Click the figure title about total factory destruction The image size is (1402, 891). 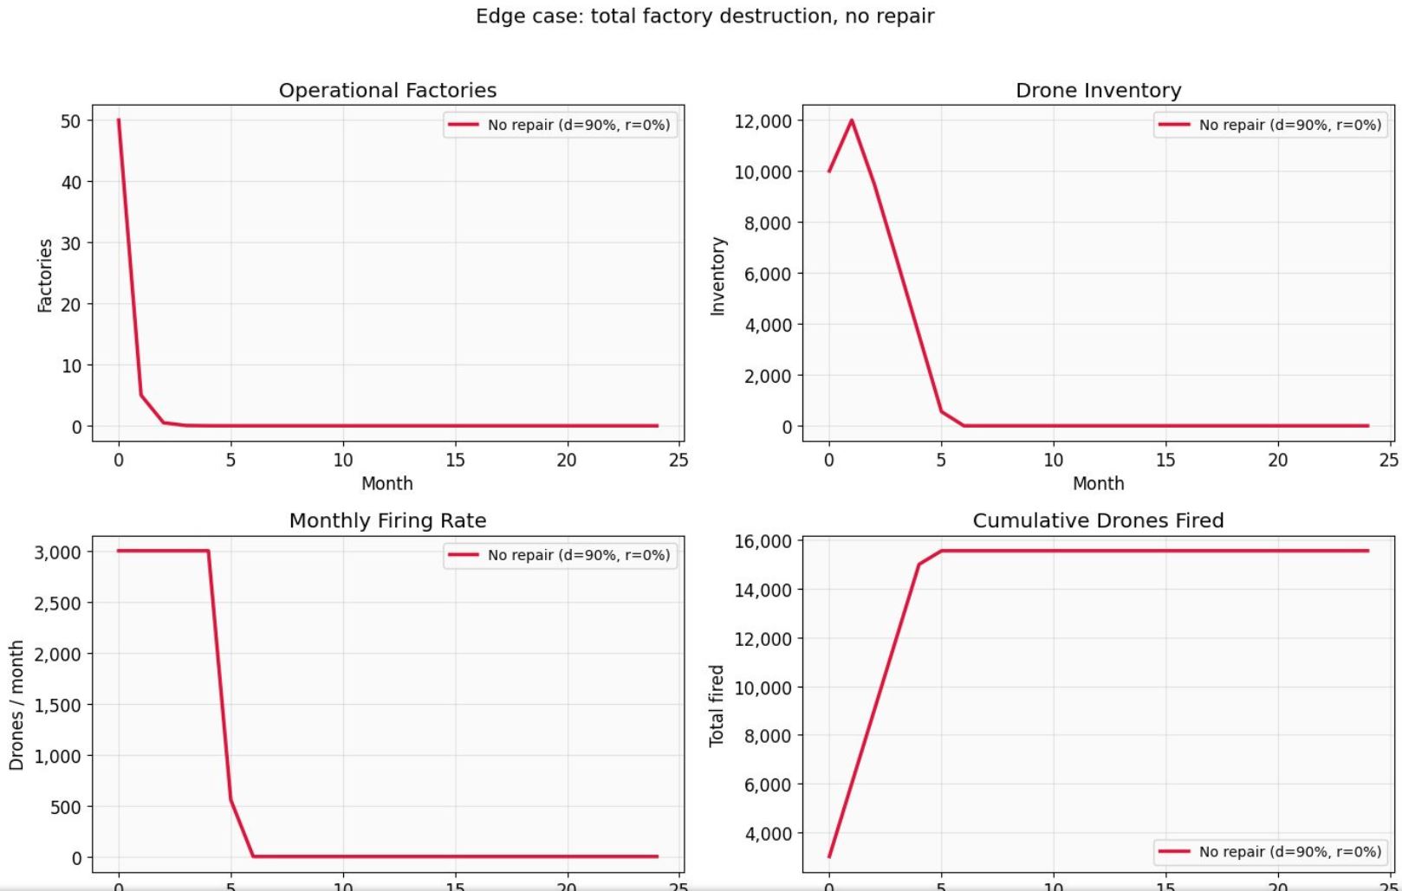704,16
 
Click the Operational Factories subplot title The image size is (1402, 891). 387,90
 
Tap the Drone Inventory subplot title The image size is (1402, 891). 1098,90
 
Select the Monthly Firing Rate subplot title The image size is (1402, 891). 387,520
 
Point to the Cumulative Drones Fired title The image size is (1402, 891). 1098,520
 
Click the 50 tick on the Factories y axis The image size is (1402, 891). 71,121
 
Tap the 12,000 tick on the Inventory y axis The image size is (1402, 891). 763,121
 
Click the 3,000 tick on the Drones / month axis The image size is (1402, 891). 58,552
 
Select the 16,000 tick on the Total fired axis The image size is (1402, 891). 763,541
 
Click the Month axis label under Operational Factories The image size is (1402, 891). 386,483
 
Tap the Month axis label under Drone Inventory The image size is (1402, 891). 1098,483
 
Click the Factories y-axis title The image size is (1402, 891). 45,275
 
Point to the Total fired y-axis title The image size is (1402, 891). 716,706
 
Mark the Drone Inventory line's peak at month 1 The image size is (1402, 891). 852,120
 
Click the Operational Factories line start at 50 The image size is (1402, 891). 119,120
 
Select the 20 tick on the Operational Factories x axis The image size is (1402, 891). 567,460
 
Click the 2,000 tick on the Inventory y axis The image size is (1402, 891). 769,376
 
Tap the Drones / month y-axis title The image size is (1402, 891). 16,706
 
